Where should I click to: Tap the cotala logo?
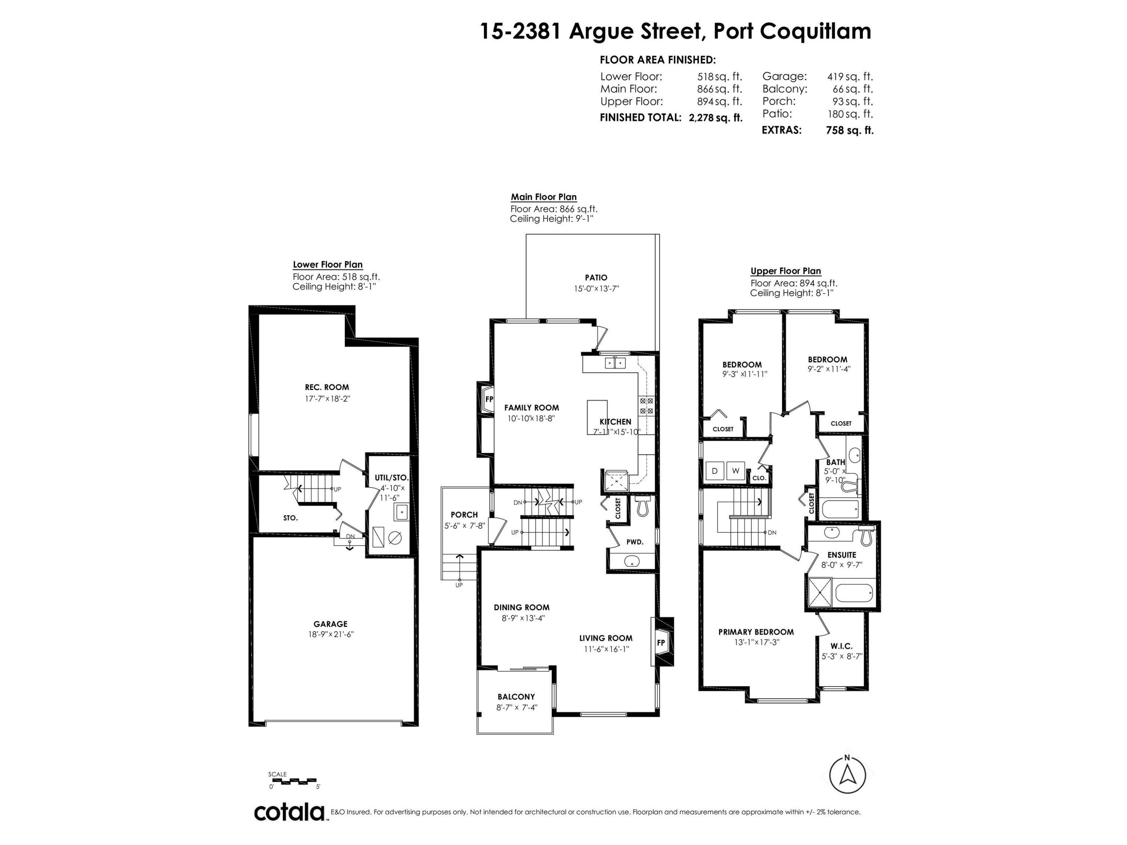tap(289, 812)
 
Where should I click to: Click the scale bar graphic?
tap(292, 781)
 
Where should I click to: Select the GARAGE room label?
tap(330, 624)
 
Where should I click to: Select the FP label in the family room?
tap(489, 399)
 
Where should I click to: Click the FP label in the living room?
tap(661, 643)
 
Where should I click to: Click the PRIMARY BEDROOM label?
tap(756, 632)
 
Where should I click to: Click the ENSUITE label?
tap(842, 555)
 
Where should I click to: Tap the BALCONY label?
tap(516, 697)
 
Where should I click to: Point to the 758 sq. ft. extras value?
tap(849, 130)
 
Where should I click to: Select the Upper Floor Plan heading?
tap(786, 271)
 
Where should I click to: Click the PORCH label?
tap(464, 515)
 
